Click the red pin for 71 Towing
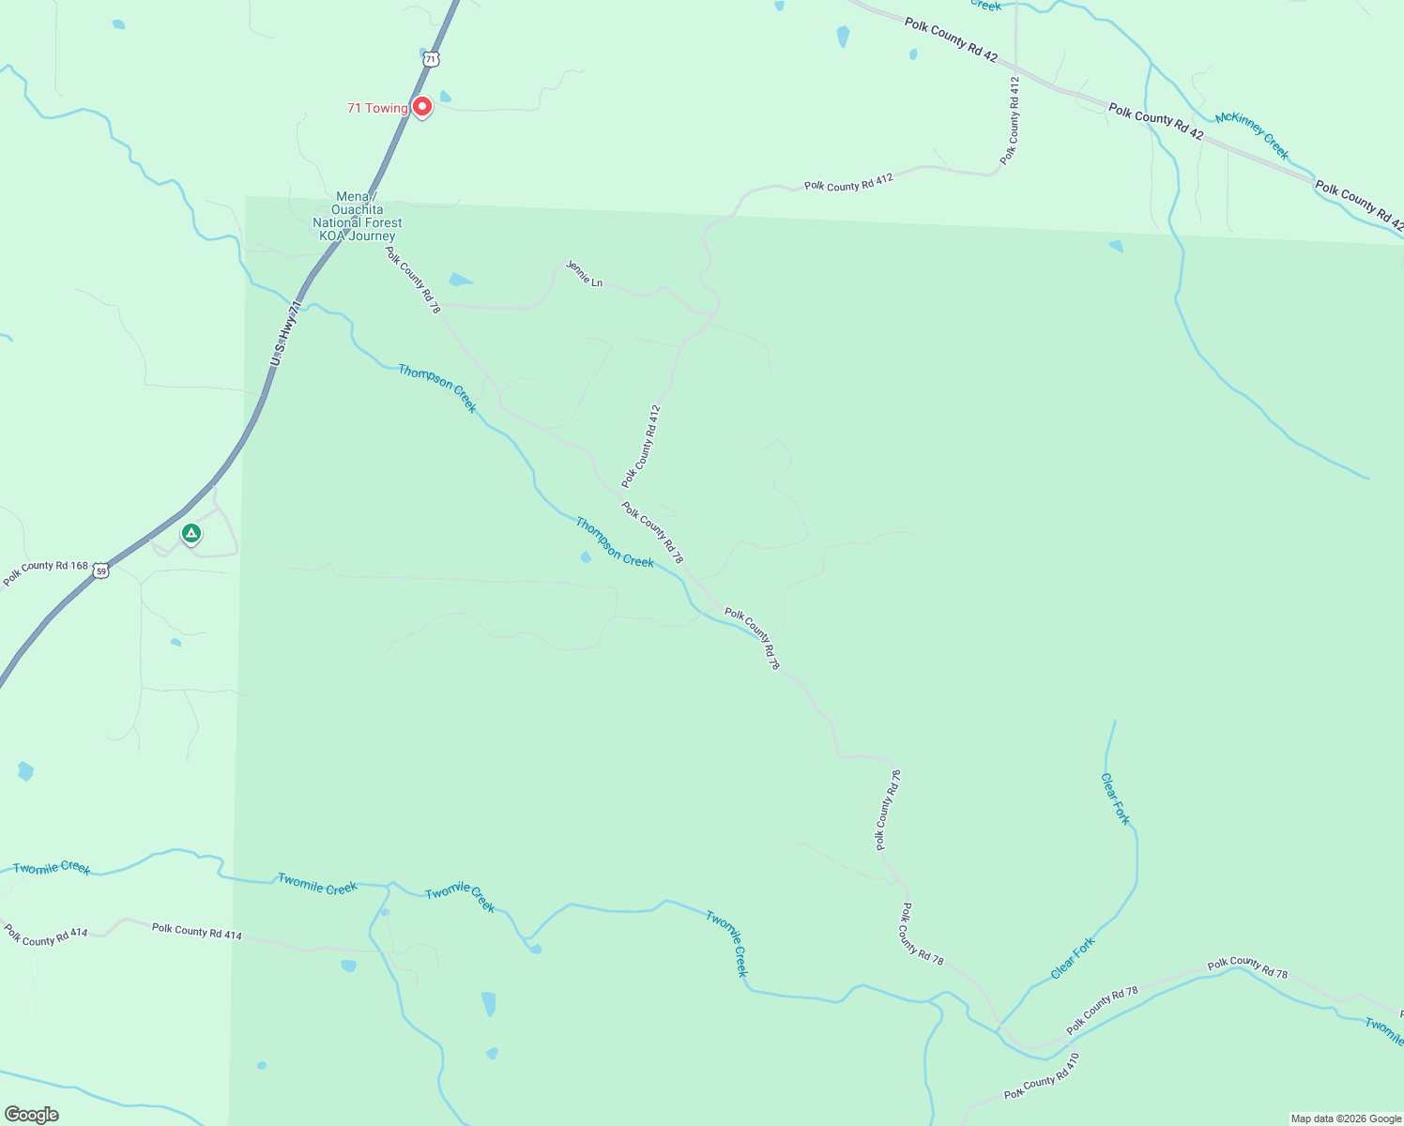[422, 107]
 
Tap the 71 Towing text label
[377, 108]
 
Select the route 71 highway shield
[430, 59]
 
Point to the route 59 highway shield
[101, 571]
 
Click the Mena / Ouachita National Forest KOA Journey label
[358, 217]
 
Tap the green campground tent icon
[191, 534]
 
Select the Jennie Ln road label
[584, 274]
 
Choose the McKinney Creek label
[1252, 135]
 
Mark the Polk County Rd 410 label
[1042, 1076]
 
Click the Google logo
[31, 1115]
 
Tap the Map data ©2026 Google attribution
[1345, 1118]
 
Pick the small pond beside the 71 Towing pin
[445, 96]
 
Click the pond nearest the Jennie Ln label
[460, 280]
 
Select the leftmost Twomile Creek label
[52, 868]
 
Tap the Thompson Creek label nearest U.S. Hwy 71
[437, 388]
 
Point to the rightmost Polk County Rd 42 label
[1359, 205]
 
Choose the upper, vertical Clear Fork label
[1116, 799]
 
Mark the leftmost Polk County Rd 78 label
[413, 280]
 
